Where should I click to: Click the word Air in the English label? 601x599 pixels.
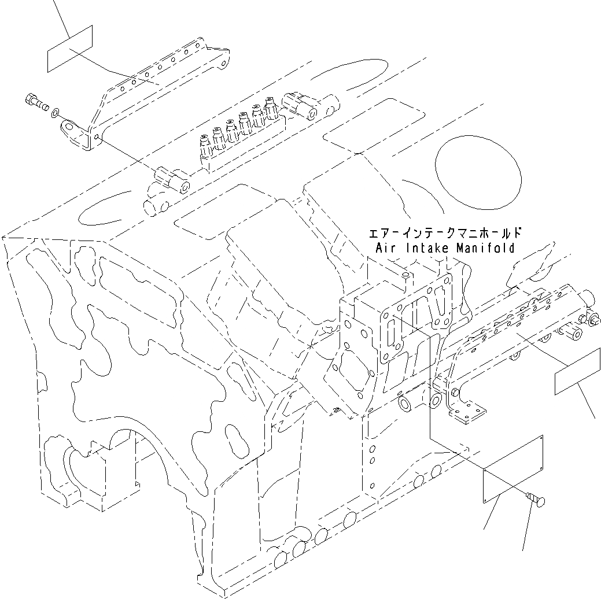(386, 249)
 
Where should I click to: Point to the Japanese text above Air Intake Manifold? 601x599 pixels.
(445, 234)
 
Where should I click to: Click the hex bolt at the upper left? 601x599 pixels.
(36, 103)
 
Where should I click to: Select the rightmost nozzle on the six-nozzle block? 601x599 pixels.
(270, 108)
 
